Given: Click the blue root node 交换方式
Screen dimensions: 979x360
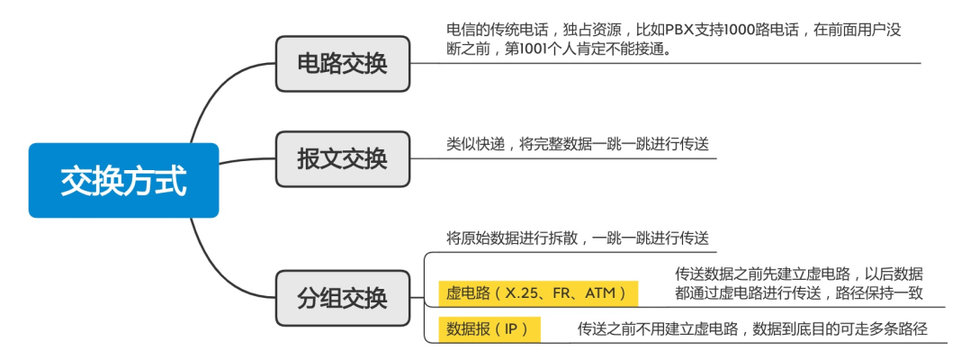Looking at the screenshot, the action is point(123,181).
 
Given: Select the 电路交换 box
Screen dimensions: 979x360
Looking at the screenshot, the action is point(343,64).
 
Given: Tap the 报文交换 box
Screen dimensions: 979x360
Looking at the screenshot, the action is point(343,159).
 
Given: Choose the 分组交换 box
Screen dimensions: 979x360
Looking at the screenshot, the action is point(343,298).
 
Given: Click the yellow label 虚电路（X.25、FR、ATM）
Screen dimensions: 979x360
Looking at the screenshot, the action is point(537,293).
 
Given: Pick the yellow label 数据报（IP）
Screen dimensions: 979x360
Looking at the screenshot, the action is point(489,329).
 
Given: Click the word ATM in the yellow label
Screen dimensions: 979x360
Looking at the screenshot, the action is point(600,293).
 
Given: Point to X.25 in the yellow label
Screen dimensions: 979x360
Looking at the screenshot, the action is point(521,293).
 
